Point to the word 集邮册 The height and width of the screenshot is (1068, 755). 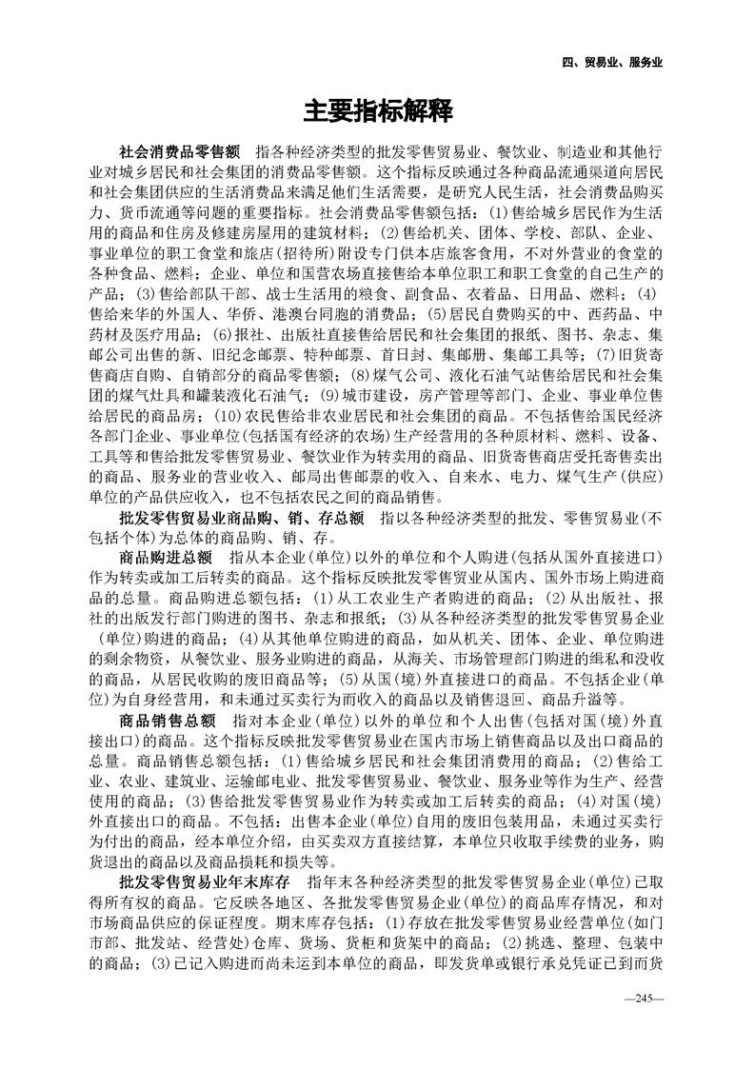coord(459,358)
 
